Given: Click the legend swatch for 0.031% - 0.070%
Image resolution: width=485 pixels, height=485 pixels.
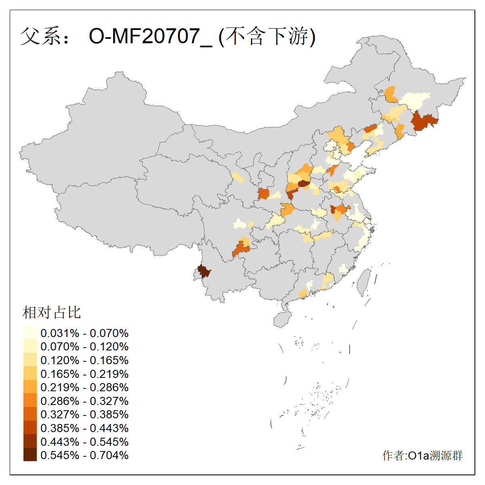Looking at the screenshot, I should click(x=30, y=333).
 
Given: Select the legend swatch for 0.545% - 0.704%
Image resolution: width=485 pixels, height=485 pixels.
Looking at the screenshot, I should click(x=30, y=455).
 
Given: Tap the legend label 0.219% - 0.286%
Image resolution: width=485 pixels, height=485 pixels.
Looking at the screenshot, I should click(x=84, y=387).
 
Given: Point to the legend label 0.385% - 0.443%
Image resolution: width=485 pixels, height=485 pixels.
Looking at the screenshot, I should click(x=84, y=428).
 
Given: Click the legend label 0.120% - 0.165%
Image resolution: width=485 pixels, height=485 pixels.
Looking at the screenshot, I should click(x=84, y=360).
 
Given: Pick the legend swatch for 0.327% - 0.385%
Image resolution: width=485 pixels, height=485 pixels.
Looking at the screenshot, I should click(x=30, y=414).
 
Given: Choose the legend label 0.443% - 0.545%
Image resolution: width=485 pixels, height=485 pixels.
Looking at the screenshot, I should click(x=84, y=442).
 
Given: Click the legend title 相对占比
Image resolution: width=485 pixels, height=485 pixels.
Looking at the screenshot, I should click(x=52, y=312).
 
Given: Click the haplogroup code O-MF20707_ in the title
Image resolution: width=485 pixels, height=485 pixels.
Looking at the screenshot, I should click(x=150, y=36).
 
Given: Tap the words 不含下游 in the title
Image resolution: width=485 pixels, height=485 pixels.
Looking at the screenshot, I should click(x=268, y=36).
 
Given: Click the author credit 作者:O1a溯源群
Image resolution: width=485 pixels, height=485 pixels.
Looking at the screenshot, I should click(x=422, y=455).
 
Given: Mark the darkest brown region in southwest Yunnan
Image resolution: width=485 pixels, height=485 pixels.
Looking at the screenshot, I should click(x=203, y=271).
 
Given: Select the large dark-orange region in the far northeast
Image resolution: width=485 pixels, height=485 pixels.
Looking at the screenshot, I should click(x=424, y=121).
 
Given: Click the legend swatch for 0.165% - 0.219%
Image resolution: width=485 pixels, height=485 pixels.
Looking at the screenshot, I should click(x=30, y=373).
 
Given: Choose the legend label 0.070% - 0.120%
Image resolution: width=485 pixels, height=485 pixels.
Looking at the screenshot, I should click(x=84, y=346).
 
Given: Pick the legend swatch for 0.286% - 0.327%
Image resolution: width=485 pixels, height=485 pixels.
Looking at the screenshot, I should click(x=30, y=401).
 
